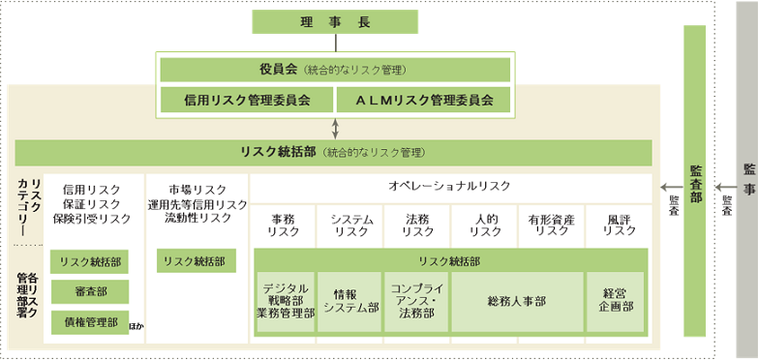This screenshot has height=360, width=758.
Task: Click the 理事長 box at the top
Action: pyautogui.click(x=334, y=21)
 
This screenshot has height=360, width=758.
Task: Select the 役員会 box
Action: pyautogui.click(x=335, y=70)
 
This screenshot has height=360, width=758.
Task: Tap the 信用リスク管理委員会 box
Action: pyautogui.click(x=247, y=99)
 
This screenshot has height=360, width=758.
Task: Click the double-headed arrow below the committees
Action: pyautogui.click(x=335, y=127)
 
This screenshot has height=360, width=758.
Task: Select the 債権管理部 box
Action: pyautogui.click(x=90, y=322)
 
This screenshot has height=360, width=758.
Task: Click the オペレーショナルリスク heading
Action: pyautogui.click(x=449, y=186)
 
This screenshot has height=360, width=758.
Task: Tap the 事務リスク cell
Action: pyautogui.click(x=284, y=225)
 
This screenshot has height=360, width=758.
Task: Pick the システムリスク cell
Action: pyautogui.click(x=350, y=225)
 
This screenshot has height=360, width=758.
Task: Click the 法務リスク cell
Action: pyautogui.click(x=417, y=225)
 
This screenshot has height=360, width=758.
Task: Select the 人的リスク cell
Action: pyautogui.click(x=484, y=225)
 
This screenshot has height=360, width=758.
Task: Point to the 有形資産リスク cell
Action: pyautogui.click(x=551, y=225)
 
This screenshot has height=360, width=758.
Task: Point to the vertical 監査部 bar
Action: pyautogui.click(x=695, y=184)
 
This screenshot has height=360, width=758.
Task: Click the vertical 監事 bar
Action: pyautogui.click(x=746, y=184)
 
